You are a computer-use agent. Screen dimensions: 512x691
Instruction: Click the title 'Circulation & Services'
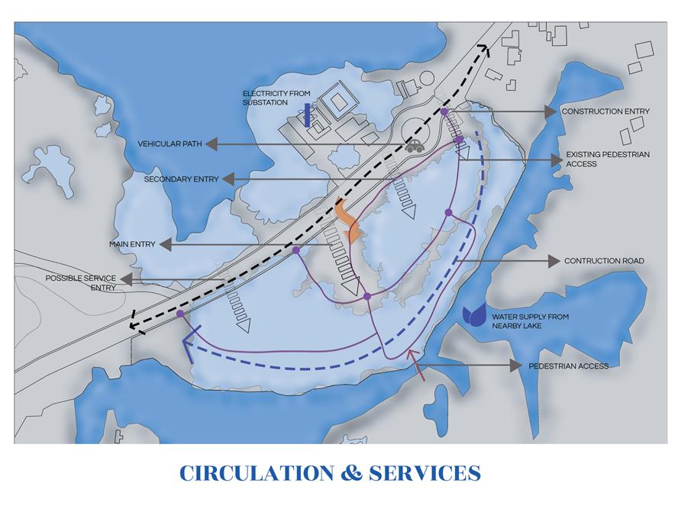tap(330, 473)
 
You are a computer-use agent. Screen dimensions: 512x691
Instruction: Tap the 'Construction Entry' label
tap(605, 111)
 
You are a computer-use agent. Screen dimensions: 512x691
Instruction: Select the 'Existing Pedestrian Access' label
tap(607, 159)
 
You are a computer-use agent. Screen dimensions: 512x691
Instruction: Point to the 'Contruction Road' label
tap(604, 261)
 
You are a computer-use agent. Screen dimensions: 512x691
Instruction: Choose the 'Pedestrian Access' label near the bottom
tap(569, 366)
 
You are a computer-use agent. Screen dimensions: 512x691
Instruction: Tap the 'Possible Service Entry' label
tap(80, 282)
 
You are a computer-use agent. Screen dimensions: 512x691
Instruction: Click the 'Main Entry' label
tap(132, 244)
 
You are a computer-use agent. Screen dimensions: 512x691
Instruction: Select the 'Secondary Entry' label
tap(181, 179)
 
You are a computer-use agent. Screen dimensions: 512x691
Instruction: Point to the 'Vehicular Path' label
tap(169, 143)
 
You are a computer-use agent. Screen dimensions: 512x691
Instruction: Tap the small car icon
tap(415, 146)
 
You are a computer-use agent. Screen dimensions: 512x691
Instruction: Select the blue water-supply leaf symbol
tap(474, 316)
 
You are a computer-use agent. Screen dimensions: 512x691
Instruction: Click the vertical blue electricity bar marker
tap(307, 115)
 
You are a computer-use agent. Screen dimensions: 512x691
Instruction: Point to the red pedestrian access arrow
tap(415, 364)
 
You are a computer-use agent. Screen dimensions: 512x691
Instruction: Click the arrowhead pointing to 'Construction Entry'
tap(551, 111)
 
